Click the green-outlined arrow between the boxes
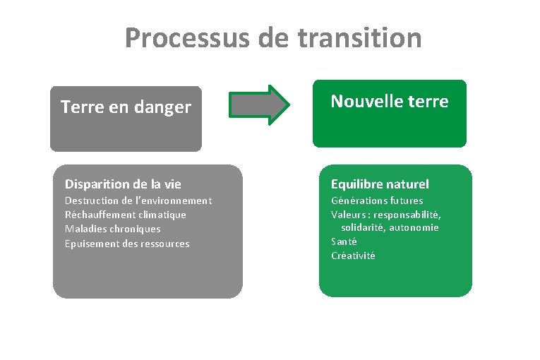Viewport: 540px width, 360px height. pyautogui.click(x=260, y=105)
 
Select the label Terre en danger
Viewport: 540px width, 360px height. pyautogui.click(x=126, y=107)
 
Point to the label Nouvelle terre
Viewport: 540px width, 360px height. pyautogui.click(x=390, y=102)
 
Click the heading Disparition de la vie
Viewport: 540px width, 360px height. pyautogui.click(x=123, y=184)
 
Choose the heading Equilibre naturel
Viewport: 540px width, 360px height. pyautogui.click(x=380, y=184)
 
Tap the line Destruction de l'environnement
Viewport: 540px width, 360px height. pyautogui.click(x=138, y=200)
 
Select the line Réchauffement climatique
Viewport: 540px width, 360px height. pyautogui.click(x=126, y=215)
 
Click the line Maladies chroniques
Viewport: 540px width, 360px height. pyautogui.click(x=113, y=229)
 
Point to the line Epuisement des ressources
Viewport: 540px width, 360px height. pyautogui.click(x=127, y=244)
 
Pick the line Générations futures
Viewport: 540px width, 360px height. pyautogui.click(x=377, y=200)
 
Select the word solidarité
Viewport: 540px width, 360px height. pyautogui.click(x=366, y=227)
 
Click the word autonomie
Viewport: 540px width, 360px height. pyautogui.click(x=417, y=227)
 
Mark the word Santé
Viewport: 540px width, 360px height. pyautogui.click(x=344, y=241)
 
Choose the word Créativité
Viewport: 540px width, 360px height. pyautogui.click(x=354, y=256)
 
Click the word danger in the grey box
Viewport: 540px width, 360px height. pyautogui.click(x=165, y=107)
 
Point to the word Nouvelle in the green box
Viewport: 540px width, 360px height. pyautogui.click(x=364, y=102)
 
